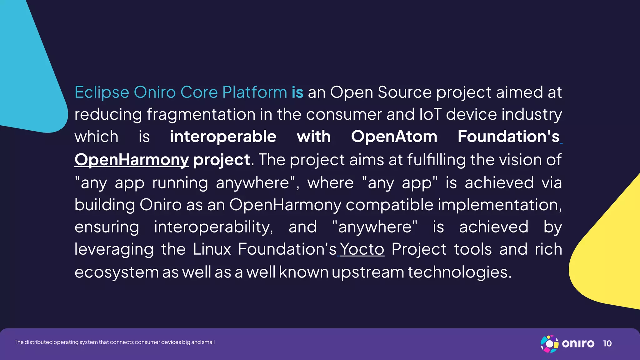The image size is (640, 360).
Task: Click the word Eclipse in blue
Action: tap(102, 92)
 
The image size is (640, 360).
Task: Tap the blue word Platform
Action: tap(254, 92)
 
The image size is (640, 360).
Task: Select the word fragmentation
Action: tap(201, 114)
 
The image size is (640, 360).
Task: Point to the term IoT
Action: tap(430, 114)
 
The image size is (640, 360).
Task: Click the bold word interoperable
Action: tap(223, 137)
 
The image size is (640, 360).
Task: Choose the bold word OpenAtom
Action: tap(394, 137)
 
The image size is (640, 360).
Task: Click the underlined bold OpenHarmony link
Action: tap(132, 160)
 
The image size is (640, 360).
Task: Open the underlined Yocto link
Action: tap(362, 249)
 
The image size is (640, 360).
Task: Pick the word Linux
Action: tap(212, 249)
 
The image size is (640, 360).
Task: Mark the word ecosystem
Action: tap(117, 272)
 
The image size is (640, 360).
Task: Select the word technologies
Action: tap(459, 272)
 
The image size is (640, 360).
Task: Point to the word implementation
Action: tap(499, 205)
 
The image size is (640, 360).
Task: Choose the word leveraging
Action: tap(114, 249)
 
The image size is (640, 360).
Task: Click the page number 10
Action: tap(607, 344)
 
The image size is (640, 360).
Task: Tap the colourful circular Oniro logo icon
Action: tap(549, 344)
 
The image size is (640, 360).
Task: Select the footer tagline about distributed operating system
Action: tap(114, 342)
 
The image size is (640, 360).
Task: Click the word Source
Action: tap(404, 92)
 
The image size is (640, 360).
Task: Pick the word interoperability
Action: tap(213, 227)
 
